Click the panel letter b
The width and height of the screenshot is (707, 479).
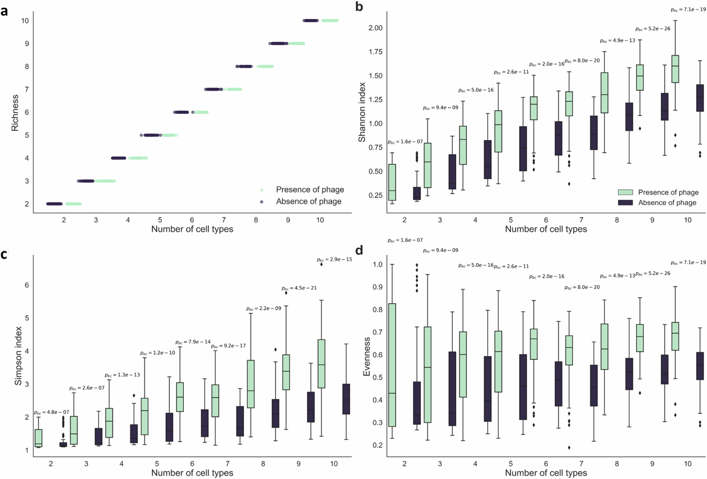tap(359, 7)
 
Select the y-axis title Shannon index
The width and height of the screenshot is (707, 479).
tap(362, 112)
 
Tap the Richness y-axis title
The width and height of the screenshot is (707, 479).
tap(15, 112)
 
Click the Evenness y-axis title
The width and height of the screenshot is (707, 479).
tap(367, 357)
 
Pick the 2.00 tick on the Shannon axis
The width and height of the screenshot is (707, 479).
tap(375, 28)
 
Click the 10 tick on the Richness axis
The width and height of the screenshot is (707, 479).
tap(25, 21)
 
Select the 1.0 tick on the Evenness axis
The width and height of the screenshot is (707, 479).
tap(378, 265)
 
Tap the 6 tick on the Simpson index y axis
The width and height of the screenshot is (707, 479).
tap(27, 285)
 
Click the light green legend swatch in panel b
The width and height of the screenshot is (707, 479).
tap(625, 192)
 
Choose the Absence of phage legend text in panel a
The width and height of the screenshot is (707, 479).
tap(309, 201)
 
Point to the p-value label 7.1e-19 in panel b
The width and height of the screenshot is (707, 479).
tap(688, 10)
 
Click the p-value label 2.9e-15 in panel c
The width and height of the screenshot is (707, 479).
tap(334, 259)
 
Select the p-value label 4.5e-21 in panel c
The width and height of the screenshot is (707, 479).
tap(299, 288)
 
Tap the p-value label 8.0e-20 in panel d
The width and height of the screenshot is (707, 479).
tap(582, 287)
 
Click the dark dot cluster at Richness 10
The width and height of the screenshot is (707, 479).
tap(311, 21)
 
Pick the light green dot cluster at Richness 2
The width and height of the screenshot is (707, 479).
tap(74, 204)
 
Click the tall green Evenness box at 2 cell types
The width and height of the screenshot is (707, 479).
tap(392, 365)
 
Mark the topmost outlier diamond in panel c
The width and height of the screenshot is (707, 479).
tap(321, 264)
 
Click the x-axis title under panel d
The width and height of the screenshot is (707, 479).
tap(546, 473)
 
